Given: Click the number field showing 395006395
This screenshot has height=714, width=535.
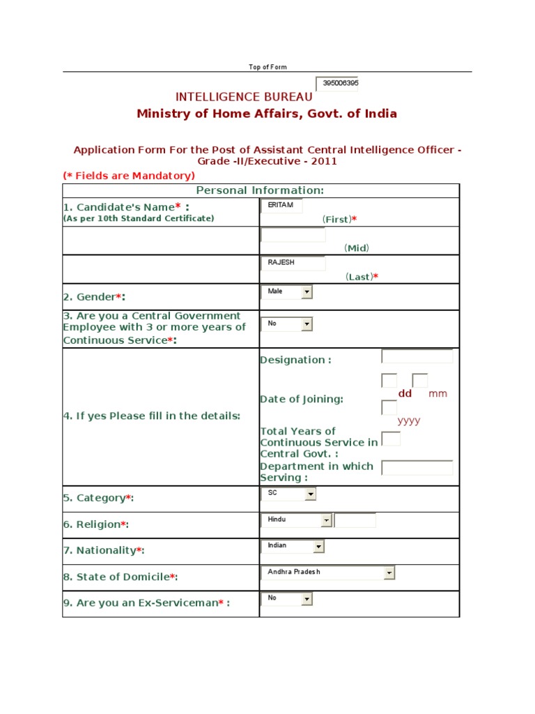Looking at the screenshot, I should point(338,84).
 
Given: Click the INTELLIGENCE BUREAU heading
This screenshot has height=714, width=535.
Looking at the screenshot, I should point(244,97).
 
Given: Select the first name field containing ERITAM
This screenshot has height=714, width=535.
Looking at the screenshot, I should point(281,206).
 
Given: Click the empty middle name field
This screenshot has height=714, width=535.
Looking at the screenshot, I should point(293,235).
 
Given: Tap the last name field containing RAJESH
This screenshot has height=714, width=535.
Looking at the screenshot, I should point(293,263).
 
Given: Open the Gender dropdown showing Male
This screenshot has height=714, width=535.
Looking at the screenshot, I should point(286,291).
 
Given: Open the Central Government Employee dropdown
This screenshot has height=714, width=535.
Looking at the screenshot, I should point(286,324).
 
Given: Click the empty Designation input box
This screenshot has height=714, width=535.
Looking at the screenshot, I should point(417,356).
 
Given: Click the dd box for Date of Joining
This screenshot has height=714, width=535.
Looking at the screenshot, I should point(389,381).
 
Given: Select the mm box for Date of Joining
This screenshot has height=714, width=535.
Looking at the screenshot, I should point(419,381).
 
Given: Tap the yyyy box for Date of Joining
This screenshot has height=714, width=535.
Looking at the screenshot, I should point(389,408).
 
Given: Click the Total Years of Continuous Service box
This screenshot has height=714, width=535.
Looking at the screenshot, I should point(392,439).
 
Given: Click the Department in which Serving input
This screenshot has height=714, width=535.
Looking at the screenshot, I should point(417,467).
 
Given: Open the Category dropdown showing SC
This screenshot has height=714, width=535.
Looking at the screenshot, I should point(288,494).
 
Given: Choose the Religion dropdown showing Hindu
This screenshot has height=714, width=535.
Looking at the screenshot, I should point(297,520).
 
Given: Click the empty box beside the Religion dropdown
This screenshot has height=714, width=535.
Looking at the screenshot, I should point(355,520).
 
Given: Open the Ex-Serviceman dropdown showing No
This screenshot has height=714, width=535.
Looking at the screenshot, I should point(286,599).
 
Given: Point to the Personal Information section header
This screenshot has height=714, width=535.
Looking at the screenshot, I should point(260,190).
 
